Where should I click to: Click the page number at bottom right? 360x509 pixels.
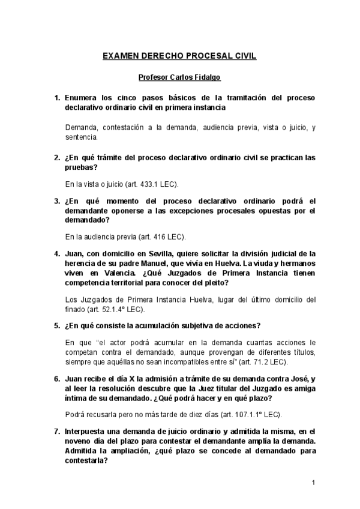314,483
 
